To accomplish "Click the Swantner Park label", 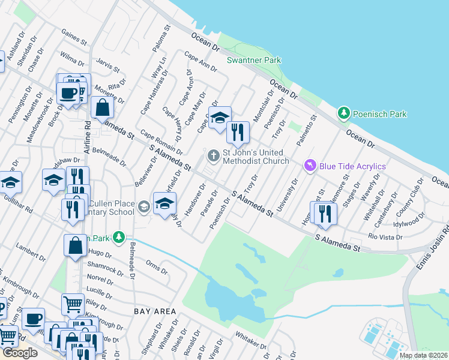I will [254, 60].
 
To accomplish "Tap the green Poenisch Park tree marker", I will [343, 113].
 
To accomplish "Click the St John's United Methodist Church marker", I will [213, 156].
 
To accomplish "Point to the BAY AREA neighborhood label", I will [155, 311].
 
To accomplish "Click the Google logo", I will [20, 353].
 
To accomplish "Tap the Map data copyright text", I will [423, 355].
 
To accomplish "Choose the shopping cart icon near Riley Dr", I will [73, 304].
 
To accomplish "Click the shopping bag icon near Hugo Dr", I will [75, 245].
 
